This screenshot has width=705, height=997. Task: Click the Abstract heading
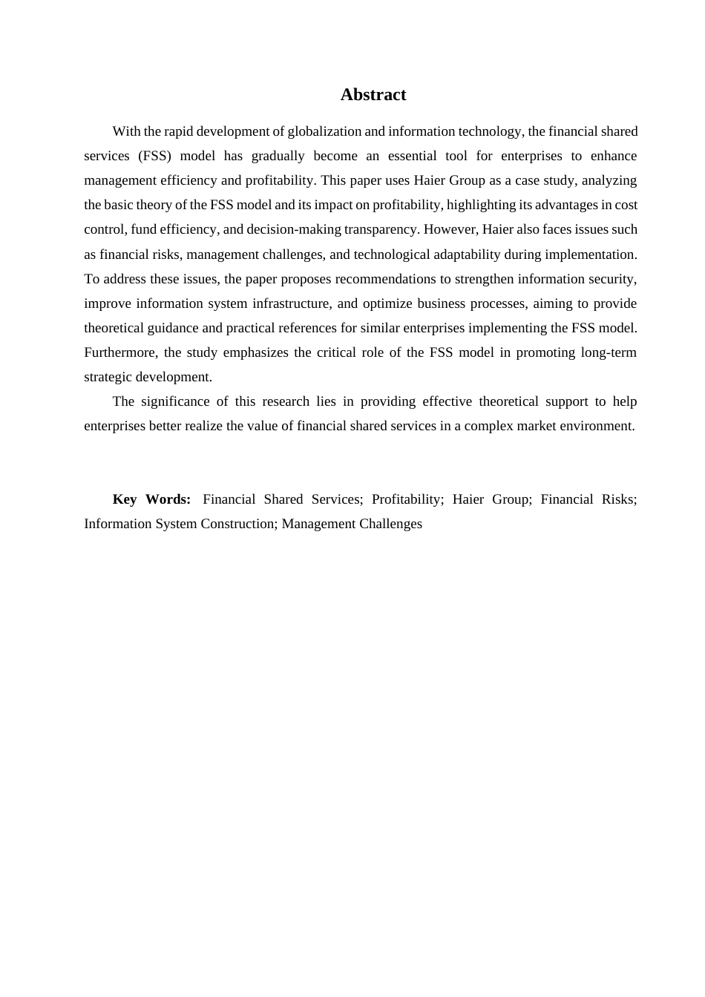pos(373,95)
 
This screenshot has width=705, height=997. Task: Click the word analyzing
pos(609,180)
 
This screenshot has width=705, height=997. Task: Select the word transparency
pos(383,229)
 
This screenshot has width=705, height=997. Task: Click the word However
pos(450,229)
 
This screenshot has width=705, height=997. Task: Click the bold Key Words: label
pos(151,499)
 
